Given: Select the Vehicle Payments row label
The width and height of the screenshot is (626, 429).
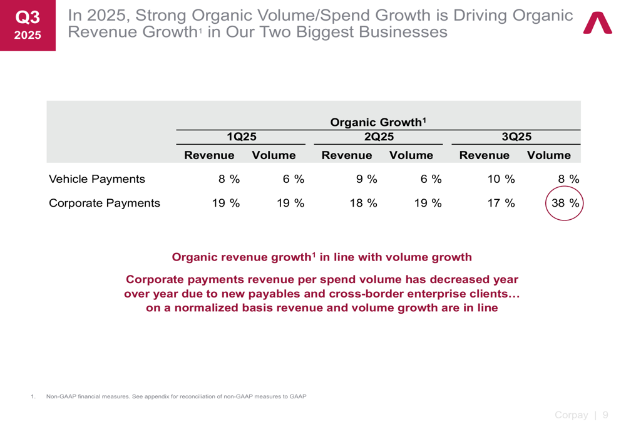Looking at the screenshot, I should point(97,180).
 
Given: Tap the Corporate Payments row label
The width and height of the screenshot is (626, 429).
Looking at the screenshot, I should point(104,204).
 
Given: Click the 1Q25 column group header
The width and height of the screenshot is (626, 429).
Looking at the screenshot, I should point(242,136).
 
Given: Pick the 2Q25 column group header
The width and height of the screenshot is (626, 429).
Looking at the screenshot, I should point(379,136).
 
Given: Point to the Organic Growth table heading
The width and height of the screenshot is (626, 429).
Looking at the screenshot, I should point(378,121).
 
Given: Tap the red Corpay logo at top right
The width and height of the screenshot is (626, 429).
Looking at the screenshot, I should point(598,23).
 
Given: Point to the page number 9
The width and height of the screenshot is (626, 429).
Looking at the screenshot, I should point(605,415).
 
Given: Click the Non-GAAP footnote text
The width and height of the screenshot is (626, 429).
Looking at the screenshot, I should point(176,396).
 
